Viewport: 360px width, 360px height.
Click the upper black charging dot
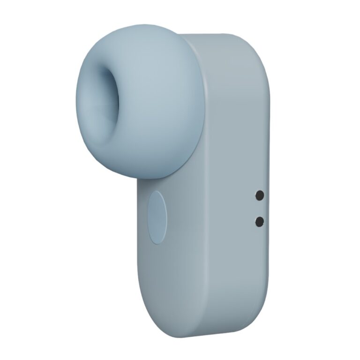(259, 195)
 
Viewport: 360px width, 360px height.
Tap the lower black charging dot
(259, 221)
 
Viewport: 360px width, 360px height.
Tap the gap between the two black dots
(259, 209)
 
